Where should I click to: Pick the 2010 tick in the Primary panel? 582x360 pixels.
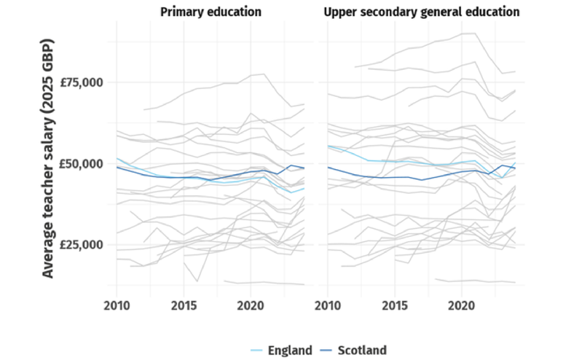(x=117, y=303)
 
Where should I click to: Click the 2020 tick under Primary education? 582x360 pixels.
(x=250, y=303)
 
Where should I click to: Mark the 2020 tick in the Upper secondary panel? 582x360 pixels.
(x=461, y=303)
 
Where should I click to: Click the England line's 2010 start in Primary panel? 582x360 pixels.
(x=117, y=158)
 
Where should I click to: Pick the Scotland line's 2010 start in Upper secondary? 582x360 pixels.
(x=329, y=167)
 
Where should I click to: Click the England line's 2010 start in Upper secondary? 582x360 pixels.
(x=329, y=146)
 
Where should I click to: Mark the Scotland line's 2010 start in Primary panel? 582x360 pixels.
(x=117, y=167)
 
